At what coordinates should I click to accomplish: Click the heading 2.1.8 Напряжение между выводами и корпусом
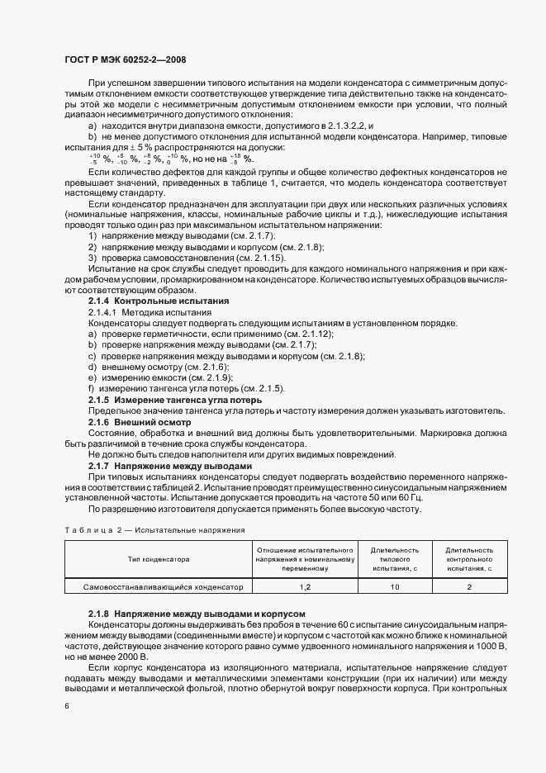click(197, 614)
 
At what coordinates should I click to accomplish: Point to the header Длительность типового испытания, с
click(395, 559)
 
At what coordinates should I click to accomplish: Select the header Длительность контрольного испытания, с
click(468, 559)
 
